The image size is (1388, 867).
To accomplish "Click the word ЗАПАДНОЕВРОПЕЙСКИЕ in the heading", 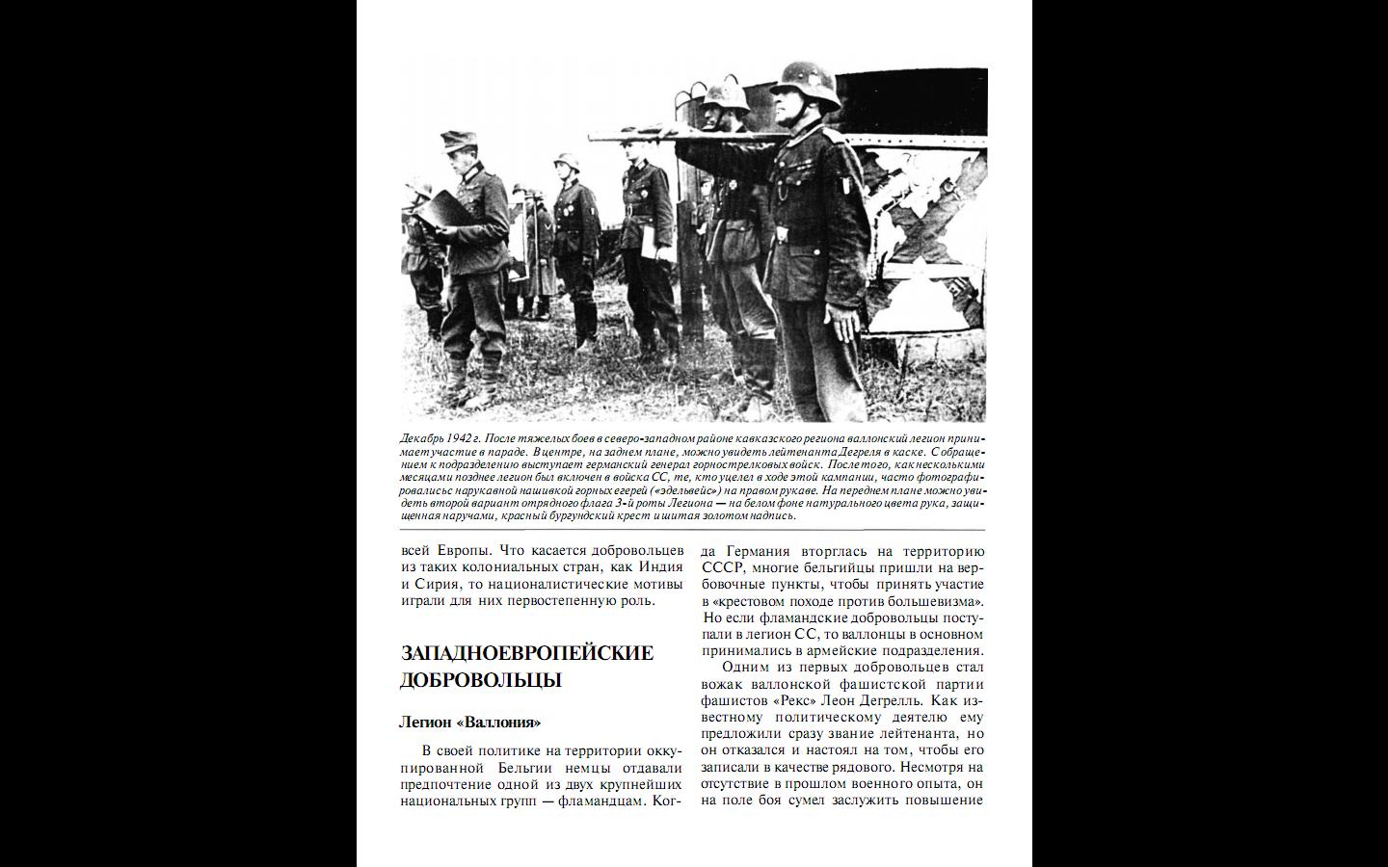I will [x=526, y=653].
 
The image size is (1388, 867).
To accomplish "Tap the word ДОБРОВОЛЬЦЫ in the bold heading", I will [x=480, y=680].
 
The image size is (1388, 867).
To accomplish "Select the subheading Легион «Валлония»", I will [x=469, y=722].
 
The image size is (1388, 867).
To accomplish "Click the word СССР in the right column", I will [x=718, y=568].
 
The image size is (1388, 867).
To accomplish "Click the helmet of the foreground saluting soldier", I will [x=807, y=79].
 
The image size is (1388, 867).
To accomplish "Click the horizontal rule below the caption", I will [x=692, y=530].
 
